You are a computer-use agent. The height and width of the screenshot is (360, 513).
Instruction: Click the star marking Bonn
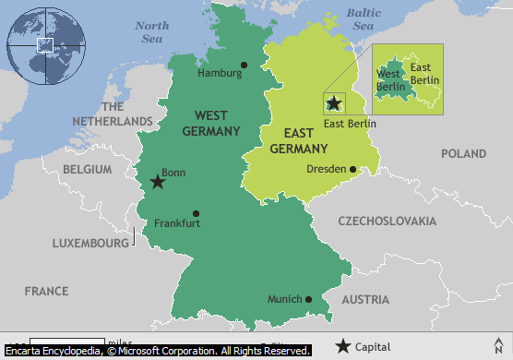(158, 182)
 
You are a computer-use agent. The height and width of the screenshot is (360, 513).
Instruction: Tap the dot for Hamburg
(244, 66)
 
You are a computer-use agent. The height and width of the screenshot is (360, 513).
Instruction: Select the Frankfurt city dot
(196, 213)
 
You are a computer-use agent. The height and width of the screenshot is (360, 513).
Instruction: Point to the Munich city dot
(308, 299)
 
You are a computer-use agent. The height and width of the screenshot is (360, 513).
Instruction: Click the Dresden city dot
(352, 169)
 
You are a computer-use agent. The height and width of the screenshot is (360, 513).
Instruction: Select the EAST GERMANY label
(298, 140)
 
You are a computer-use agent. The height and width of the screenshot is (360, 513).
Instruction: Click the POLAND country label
(463, 153)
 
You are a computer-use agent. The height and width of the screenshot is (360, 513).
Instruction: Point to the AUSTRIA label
(366, 300)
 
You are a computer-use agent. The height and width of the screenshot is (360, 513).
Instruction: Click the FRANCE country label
(46, 291)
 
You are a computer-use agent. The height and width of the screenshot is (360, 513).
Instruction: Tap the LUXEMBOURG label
(90, 243)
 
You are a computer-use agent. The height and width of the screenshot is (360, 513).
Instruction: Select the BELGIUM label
(88, 170)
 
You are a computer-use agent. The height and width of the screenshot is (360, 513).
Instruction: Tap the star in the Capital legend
(343, 347)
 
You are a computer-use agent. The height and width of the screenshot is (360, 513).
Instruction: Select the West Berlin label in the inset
(388, 80)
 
